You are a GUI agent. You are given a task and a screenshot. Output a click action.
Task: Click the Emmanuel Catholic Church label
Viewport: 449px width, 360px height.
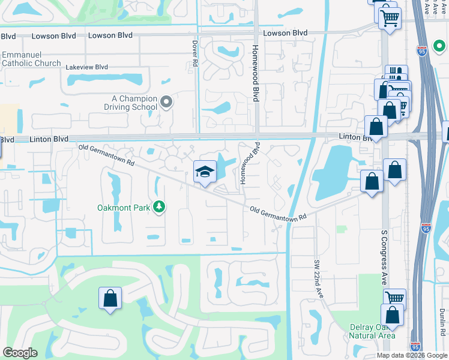click(x=31, y=59)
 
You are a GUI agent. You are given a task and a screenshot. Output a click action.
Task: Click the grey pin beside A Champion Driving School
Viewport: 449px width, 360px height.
click(x=167, y=103)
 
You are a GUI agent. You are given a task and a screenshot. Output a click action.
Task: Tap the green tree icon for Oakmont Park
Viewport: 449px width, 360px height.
click(x=159, y=207)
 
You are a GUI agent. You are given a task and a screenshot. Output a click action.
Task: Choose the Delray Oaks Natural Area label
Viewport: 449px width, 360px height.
click(x=372, y=332)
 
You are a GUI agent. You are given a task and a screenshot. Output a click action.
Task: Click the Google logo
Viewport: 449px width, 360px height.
click(x=20, y=353)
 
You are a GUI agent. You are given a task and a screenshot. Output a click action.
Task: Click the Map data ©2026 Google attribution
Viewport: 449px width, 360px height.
click(x=412, y=355)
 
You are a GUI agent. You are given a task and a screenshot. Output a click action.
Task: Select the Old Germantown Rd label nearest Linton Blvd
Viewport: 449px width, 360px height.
click(x=106, y=154)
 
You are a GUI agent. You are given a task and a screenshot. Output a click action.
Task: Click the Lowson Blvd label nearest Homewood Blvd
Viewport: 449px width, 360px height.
click(x=285, y=33)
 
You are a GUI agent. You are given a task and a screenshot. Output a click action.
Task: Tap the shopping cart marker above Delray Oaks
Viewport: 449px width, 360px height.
click(x=394, y=298)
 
